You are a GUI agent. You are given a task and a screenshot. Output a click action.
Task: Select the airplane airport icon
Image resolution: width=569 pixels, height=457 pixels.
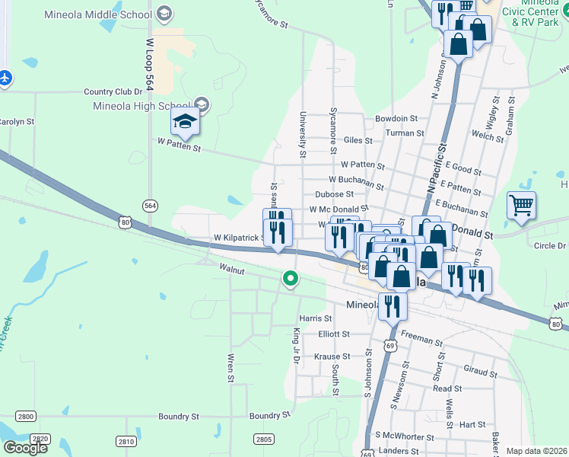(5, 77)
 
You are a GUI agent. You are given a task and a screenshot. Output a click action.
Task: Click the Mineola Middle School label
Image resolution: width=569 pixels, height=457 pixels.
(109, 14)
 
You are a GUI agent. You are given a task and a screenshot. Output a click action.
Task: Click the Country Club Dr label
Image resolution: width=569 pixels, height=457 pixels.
(113, 91)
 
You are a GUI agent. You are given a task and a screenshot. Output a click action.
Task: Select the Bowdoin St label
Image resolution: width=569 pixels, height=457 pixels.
(396, 119)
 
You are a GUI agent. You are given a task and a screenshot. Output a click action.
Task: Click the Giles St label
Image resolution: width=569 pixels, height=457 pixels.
(358, 140)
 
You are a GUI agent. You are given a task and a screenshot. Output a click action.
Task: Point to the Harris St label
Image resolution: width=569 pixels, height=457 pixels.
(316, 318)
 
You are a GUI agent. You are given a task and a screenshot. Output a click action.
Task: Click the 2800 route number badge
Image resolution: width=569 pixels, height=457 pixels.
(26, 416)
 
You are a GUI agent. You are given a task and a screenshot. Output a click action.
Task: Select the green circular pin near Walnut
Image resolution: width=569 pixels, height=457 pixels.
(290, 279)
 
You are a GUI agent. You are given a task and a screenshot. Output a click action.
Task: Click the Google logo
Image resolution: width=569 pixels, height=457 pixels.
(24, 448)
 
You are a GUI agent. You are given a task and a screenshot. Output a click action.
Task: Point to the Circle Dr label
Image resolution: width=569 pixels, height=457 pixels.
(549, 245)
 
